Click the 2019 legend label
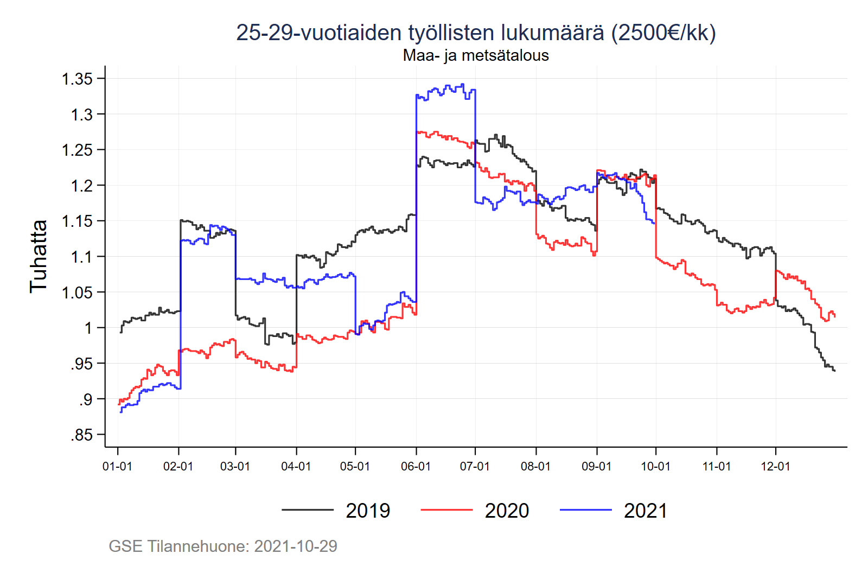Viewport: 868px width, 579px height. pyautogui.click(x=368, y=511)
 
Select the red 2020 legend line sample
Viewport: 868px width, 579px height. pyautogui.click(x=446, y=510)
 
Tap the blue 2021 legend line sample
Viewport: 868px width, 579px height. pyautogui.click(x=585, y=510)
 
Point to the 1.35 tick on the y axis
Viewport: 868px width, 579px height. pyautogui.click(x=78, y=79)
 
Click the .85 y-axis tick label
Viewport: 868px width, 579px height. pyautogui.click(x=81, y=435)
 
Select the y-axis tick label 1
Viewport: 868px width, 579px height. pyautogui.click(x=88, y=328)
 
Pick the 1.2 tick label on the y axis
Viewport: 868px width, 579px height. pyautogui.click(x=81, y=186)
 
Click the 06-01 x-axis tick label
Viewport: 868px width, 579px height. pyautogui.click(x=416, y=467)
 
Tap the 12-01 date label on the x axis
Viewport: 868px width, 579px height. pyautogui.click(x=775, y=467)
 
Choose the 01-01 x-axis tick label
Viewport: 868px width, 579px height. pyautogui.click(x=117, y=467)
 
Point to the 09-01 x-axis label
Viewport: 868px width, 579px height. pyautogui.click(x=596, y=467)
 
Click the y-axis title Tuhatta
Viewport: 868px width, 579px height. pyautogui.click(x=39, y=256)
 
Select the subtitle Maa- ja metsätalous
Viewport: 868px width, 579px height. pyautogui.click(x=476, y=55)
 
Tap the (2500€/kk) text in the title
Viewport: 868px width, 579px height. pyautogui.click(x=663, y=33)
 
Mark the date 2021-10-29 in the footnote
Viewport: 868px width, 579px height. pyautogui.click(x=296, y=546)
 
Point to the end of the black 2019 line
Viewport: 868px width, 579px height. pyautogui.click(x=834, y=371)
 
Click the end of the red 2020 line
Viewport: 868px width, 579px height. pyautogui.click(x=834, y=315)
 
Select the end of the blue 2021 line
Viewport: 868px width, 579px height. pyautogui.click(x=655, y=223)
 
